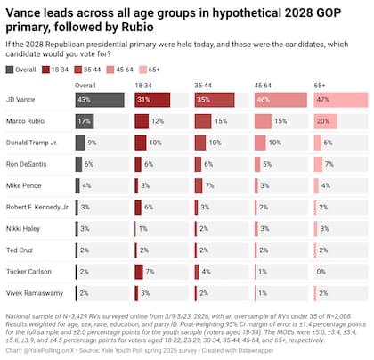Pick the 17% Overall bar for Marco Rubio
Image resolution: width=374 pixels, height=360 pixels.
coord(85,120)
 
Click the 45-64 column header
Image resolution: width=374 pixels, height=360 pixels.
coord(263,85)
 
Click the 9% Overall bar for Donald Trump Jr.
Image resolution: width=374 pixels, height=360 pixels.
coord(80,142)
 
